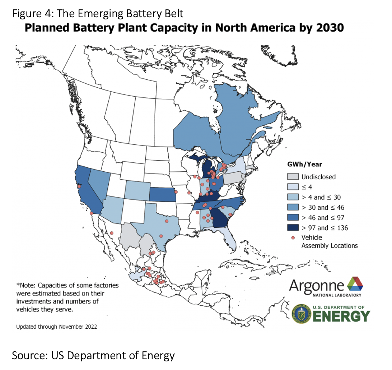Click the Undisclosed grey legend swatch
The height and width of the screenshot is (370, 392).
[x=293, y=177]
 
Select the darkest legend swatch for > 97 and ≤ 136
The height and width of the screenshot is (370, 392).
[x=293, y=227]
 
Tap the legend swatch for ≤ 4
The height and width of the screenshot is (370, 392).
[x=293, y=187]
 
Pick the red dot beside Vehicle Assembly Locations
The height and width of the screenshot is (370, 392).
[x=293, y=238]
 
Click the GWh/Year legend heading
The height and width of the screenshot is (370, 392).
[x=304, y=165]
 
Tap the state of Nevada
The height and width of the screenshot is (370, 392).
[x=98, y=183]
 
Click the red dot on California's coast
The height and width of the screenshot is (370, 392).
[x=79, y=186]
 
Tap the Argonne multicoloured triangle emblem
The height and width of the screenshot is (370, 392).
[x=355, y=284]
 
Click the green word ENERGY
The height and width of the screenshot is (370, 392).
[x=341, y=316]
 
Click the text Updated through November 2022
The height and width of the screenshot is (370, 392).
[x=56, y=327]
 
